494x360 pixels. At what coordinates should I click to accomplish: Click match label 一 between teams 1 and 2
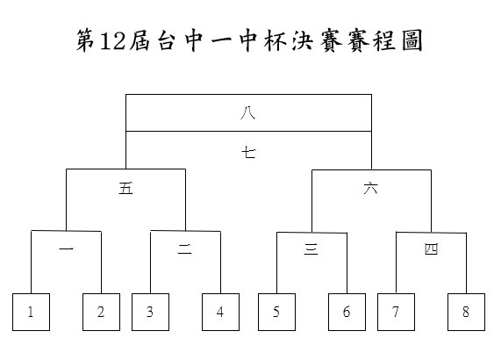click(x=66, y=249)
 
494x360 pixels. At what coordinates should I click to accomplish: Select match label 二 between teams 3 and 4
click(x=185, y=249)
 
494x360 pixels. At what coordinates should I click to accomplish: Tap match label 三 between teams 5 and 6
click(x=311, y=249)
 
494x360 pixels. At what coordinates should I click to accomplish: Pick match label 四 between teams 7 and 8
click(x=432, y=249)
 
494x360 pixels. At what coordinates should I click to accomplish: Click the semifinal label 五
click(x=126, y=189)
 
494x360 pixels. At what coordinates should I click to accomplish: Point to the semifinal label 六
click(x=371, y=189)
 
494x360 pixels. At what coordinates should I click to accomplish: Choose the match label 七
click(x=249, y=153)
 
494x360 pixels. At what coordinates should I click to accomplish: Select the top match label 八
click(x=248, y=113)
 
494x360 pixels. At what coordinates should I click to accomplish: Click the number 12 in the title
click(x=112, y=41)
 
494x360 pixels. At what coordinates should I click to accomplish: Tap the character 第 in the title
click(x=86, y=40)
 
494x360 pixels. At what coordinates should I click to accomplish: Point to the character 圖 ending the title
click(x=412, y=41)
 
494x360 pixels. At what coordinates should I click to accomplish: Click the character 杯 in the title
click(x=276, y=40)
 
